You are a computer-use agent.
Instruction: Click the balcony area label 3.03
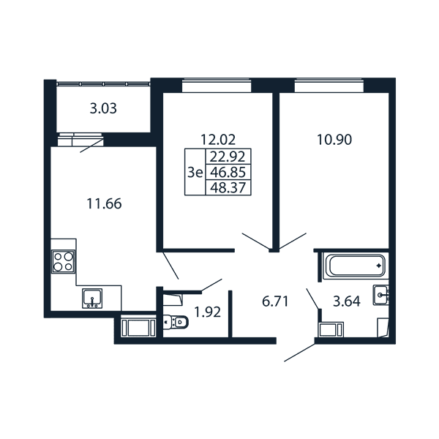[x=103, y=108]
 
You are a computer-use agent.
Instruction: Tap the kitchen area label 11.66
[x=104, y=203]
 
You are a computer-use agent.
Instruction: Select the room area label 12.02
[x=218, y=140]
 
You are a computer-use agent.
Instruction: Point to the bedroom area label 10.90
[x=334, y=140]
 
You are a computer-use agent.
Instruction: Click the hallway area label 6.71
[x=275, y=301]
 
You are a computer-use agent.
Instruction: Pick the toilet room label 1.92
[x=208, y=312]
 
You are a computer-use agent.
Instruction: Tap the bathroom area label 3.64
[x=347, y=301]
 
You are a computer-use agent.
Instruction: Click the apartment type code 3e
[x=195, y=173]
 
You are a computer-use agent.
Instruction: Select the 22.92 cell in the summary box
[x=228, y=157]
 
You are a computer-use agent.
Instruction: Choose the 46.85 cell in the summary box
[x=228, y=172]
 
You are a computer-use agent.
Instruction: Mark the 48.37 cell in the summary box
[x=228, y=187]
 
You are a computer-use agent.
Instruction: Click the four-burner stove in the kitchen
[x=63, y=262]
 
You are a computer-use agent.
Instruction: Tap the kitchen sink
[x=92, y=299]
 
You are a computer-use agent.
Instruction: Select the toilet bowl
[x=176, y=322]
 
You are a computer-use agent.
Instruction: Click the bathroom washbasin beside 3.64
[x=380, y=295]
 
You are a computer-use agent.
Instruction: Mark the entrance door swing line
[x=299, y=353]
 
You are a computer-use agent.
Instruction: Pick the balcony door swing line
[x=91, y=146]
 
